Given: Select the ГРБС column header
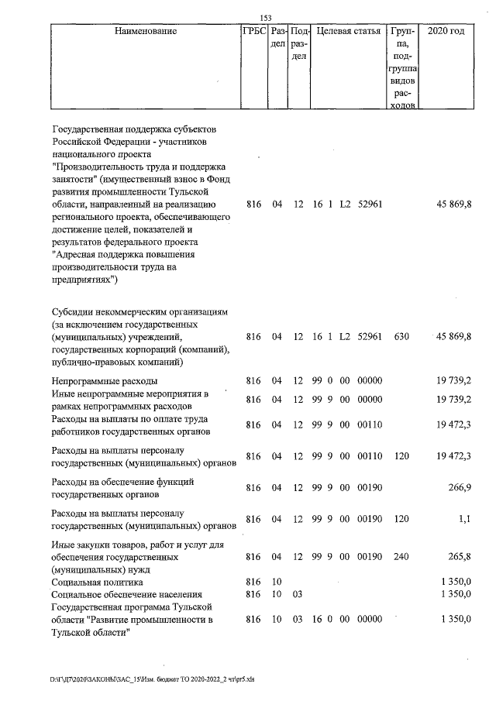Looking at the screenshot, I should point(253,32).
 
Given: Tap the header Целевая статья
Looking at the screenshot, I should point(349,32).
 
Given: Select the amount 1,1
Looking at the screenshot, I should point(464,519).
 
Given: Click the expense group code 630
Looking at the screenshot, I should point(401,337).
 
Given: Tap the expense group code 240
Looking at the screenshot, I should point(401,556).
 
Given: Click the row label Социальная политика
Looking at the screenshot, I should point(93,581).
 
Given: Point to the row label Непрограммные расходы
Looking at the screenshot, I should point(104,381).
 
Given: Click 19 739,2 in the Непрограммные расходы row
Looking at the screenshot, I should point(454,381).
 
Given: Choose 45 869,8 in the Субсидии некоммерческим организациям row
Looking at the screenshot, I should point(454,337).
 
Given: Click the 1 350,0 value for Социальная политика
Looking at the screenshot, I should point(456,581).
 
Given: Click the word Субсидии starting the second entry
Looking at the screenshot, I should point(73,312).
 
